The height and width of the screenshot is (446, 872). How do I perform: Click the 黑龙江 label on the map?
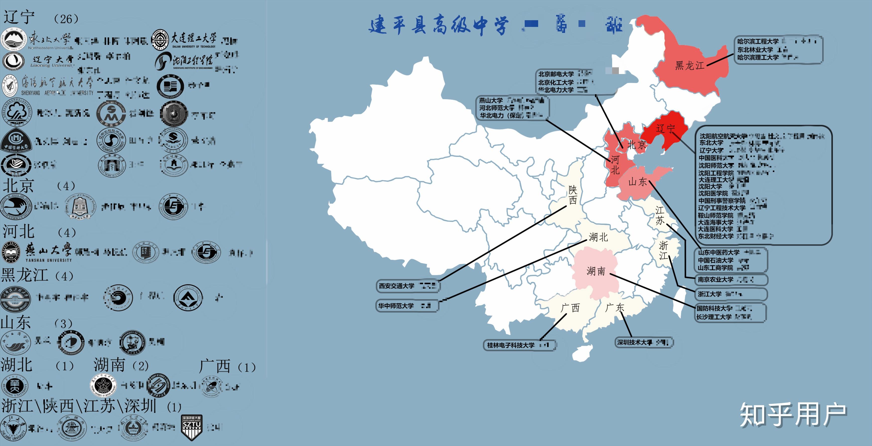click(690, 65)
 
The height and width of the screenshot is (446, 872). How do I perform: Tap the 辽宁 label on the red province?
click(665, 129)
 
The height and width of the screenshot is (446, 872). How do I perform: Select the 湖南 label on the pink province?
click(596, 271)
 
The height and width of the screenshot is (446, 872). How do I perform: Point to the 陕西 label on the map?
click(573, 195)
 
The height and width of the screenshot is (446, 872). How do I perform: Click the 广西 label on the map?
click(570, 308)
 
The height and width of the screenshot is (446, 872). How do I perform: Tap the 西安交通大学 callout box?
click(408, 286)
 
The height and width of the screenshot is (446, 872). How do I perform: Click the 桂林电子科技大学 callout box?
click(520, 345)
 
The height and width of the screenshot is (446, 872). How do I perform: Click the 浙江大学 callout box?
click(730, 294)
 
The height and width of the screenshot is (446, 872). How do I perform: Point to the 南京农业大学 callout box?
click(730, 279)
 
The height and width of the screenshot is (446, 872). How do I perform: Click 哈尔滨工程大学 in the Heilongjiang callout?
click(758, 41)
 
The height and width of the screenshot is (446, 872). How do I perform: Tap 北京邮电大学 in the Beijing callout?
click(556, 74)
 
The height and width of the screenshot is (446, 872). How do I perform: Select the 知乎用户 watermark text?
click(793, 415)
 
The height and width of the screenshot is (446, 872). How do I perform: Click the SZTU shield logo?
click(192, 427)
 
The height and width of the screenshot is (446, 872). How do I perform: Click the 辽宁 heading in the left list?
click(19, 17)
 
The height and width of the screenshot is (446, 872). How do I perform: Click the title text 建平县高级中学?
click(438, 25)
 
